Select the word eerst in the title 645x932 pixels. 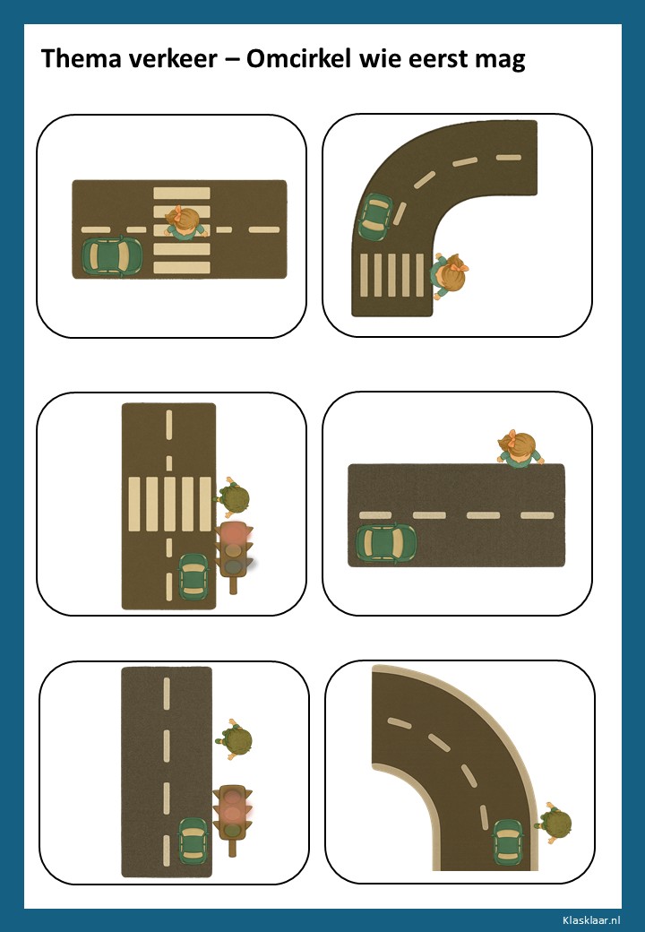(x=438, y=59)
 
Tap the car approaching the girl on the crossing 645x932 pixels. (x=112, y=255)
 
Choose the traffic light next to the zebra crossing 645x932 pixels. (x=234, y=557)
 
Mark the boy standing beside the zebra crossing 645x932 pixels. (x=232, y=497)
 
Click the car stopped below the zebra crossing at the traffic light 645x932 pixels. (x=193, y=576)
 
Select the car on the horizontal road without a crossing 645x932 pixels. (x=386, y=542)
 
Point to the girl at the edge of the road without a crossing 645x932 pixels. (x=520, y=447)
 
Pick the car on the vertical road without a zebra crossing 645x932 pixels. (x=193, y=841)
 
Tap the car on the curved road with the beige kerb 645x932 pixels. (x=509, y=842)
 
